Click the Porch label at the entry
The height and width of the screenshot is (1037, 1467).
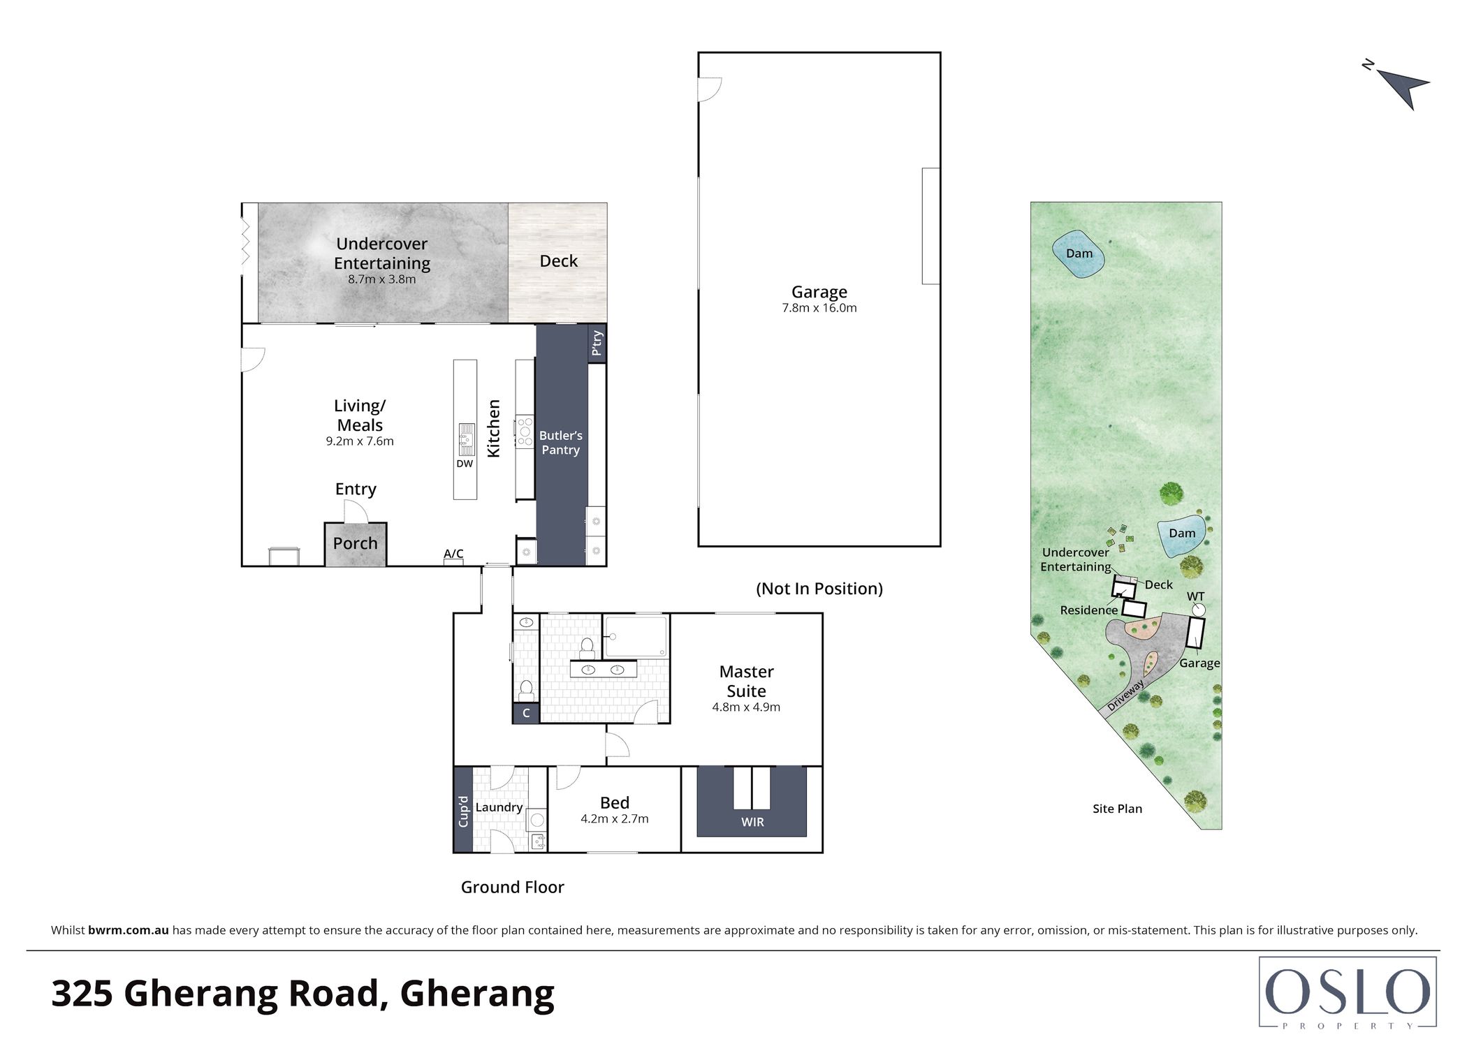click(x=355, y=543)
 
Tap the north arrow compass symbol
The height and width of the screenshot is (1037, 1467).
click(x=1399, y=87)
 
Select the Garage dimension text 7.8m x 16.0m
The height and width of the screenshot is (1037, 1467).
click(x=819, y=308)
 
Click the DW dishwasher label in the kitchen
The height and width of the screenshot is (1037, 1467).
click(x=465, y=464)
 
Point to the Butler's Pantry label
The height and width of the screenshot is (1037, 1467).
click(x=560, y=443)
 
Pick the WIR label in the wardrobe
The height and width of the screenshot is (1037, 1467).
click(x=752, y=822)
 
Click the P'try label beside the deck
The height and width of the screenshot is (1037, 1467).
click(x=597, y=343)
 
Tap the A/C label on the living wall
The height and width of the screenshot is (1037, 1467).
click(x=453, y=554)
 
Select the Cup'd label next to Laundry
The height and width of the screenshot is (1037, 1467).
click(x=463, y=811)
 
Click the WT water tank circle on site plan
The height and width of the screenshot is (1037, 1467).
click(x=1199, y=610)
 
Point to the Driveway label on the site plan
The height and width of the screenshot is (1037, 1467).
click(x=1125, y=696)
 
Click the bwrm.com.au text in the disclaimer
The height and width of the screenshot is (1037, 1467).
click(x=129, y=930)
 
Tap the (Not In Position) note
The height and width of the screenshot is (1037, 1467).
click(x=819, y=589)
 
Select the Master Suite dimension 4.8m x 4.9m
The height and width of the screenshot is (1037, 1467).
click(x=746, y=707)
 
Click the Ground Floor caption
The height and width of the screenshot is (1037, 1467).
click(x=512, y=887)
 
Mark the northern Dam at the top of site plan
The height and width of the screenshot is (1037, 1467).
click(x=1079, y=254)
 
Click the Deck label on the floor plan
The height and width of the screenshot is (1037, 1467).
click(x=558, y=261)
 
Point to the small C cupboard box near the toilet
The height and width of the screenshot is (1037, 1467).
click(x=526, y=713)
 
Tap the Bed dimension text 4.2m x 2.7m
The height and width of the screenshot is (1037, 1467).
click(x=614, y=819)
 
